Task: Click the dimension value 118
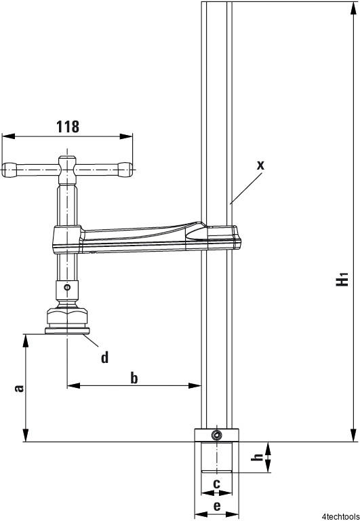coord(68,127)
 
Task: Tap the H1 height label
coord(342,279)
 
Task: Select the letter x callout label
coord(261,165)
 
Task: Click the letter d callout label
coord(104,358)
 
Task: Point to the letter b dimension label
coord(134,378)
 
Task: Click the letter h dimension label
coord(257,457)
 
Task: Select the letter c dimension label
coord(216,484)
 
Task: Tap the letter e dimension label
coord(216,506)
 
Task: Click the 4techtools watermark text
coord(341,516)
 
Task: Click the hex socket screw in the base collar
coord(217,434)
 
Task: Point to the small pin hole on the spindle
coord(67,287)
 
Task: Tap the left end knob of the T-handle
coord(9,170)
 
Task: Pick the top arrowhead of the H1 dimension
coord(353,8)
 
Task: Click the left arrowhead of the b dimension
coord(74,385)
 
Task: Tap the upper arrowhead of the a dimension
coord(26,341)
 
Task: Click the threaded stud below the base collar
coord(216,457)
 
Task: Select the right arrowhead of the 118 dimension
coord(126,136)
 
